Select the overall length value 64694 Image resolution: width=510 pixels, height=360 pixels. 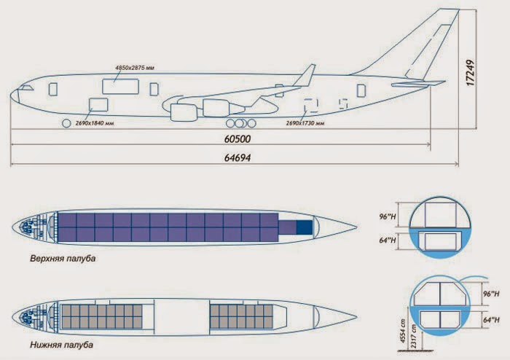(240, 157)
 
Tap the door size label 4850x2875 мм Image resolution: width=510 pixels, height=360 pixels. (136, 67)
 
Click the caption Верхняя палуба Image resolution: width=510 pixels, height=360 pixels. (63, 258)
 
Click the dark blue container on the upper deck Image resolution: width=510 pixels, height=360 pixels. (302, 227)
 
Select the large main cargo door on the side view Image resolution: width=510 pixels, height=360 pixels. (119, 85)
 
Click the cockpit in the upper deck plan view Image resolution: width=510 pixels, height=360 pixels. (29, 227)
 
